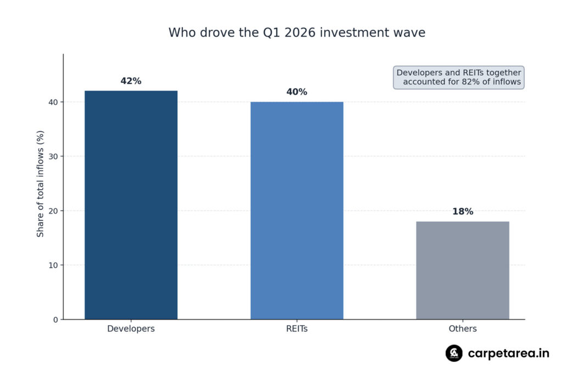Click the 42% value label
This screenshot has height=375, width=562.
(x=131, y=81)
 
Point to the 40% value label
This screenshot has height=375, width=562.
(x=297, y=92)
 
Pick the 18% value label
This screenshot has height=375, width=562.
(x=463, y=211)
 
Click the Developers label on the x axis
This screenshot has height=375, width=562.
(x=131, y=329)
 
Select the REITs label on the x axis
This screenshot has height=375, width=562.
(x=297, y=329)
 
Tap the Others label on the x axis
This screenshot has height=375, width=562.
(x=463, y=329)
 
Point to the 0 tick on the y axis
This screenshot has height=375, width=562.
(x=56, y=320)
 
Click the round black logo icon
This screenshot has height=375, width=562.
(x=454, y=353)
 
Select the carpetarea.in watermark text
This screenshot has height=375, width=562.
(x=508, y=353)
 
